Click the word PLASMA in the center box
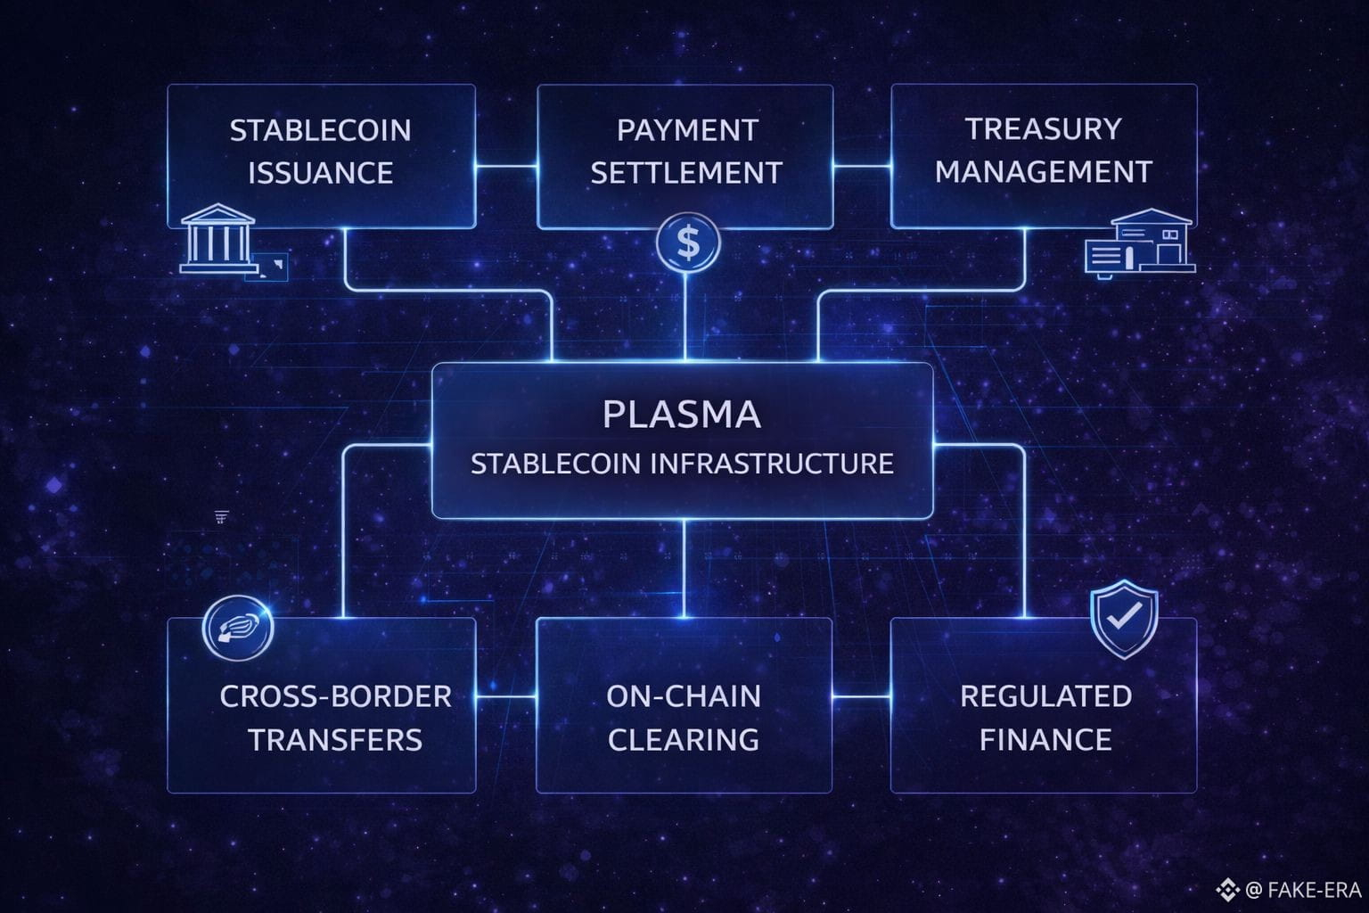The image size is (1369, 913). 682,415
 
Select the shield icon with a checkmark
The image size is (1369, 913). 1124,618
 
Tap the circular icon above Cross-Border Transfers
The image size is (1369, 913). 237,628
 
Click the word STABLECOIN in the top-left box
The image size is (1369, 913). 321,130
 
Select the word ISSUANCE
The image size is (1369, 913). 321,173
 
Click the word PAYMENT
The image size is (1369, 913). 686,130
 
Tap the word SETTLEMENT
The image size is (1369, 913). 686,173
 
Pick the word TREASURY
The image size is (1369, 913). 1044,129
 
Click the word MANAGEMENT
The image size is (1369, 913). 1044,171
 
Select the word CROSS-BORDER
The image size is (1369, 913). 335,696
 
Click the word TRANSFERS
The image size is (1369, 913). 335,740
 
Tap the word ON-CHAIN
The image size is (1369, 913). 684,696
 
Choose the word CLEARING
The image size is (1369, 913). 684,740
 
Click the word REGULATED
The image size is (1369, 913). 1045,696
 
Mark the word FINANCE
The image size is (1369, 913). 1045,740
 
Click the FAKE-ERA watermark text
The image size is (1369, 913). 1313,890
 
